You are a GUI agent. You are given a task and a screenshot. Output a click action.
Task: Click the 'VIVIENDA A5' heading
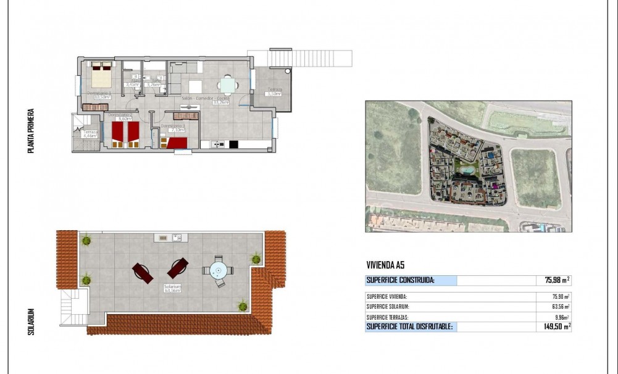coord(386,265)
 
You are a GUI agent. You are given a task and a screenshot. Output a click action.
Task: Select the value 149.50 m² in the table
coord(553,326)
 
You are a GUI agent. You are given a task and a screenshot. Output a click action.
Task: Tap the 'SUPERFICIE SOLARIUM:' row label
coord(388,307)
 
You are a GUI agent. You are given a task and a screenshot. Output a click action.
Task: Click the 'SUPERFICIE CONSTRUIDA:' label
coord(401,280)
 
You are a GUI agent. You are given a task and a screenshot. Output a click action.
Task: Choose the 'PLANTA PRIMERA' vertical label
coord(30,131)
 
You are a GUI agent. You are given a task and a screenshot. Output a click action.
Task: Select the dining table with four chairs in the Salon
coord(228,85)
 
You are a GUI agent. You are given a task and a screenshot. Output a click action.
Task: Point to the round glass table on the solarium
coord(217,271)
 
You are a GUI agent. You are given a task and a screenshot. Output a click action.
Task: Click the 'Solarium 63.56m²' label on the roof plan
coord(172,288)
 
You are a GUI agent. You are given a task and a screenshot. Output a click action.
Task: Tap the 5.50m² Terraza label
coord(274,92)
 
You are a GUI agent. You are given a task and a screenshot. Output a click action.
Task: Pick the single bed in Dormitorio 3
coord(175,143)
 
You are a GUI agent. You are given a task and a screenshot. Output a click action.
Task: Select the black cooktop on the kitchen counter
coord(233,144)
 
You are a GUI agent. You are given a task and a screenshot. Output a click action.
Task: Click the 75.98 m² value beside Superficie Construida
coord(553,280)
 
